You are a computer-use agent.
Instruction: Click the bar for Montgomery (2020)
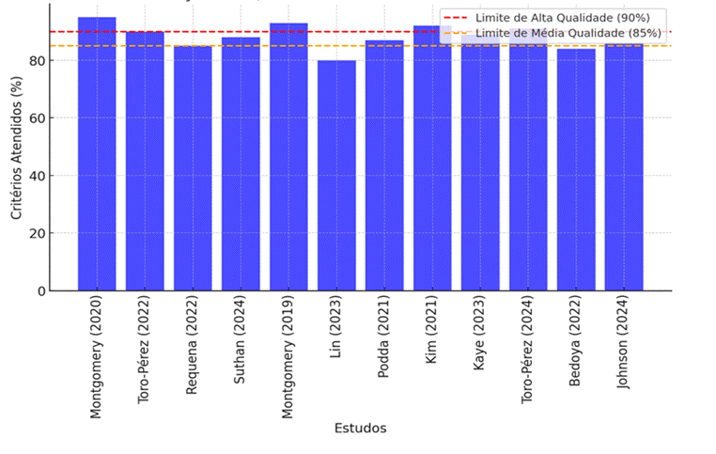point(97,155)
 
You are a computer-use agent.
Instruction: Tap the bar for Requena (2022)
point(193,169)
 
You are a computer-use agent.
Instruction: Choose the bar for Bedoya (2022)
point(576,170)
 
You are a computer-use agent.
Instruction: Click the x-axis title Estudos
point(360,428)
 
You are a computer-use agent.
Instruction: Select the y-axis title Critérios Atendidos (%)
point(16,151)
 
